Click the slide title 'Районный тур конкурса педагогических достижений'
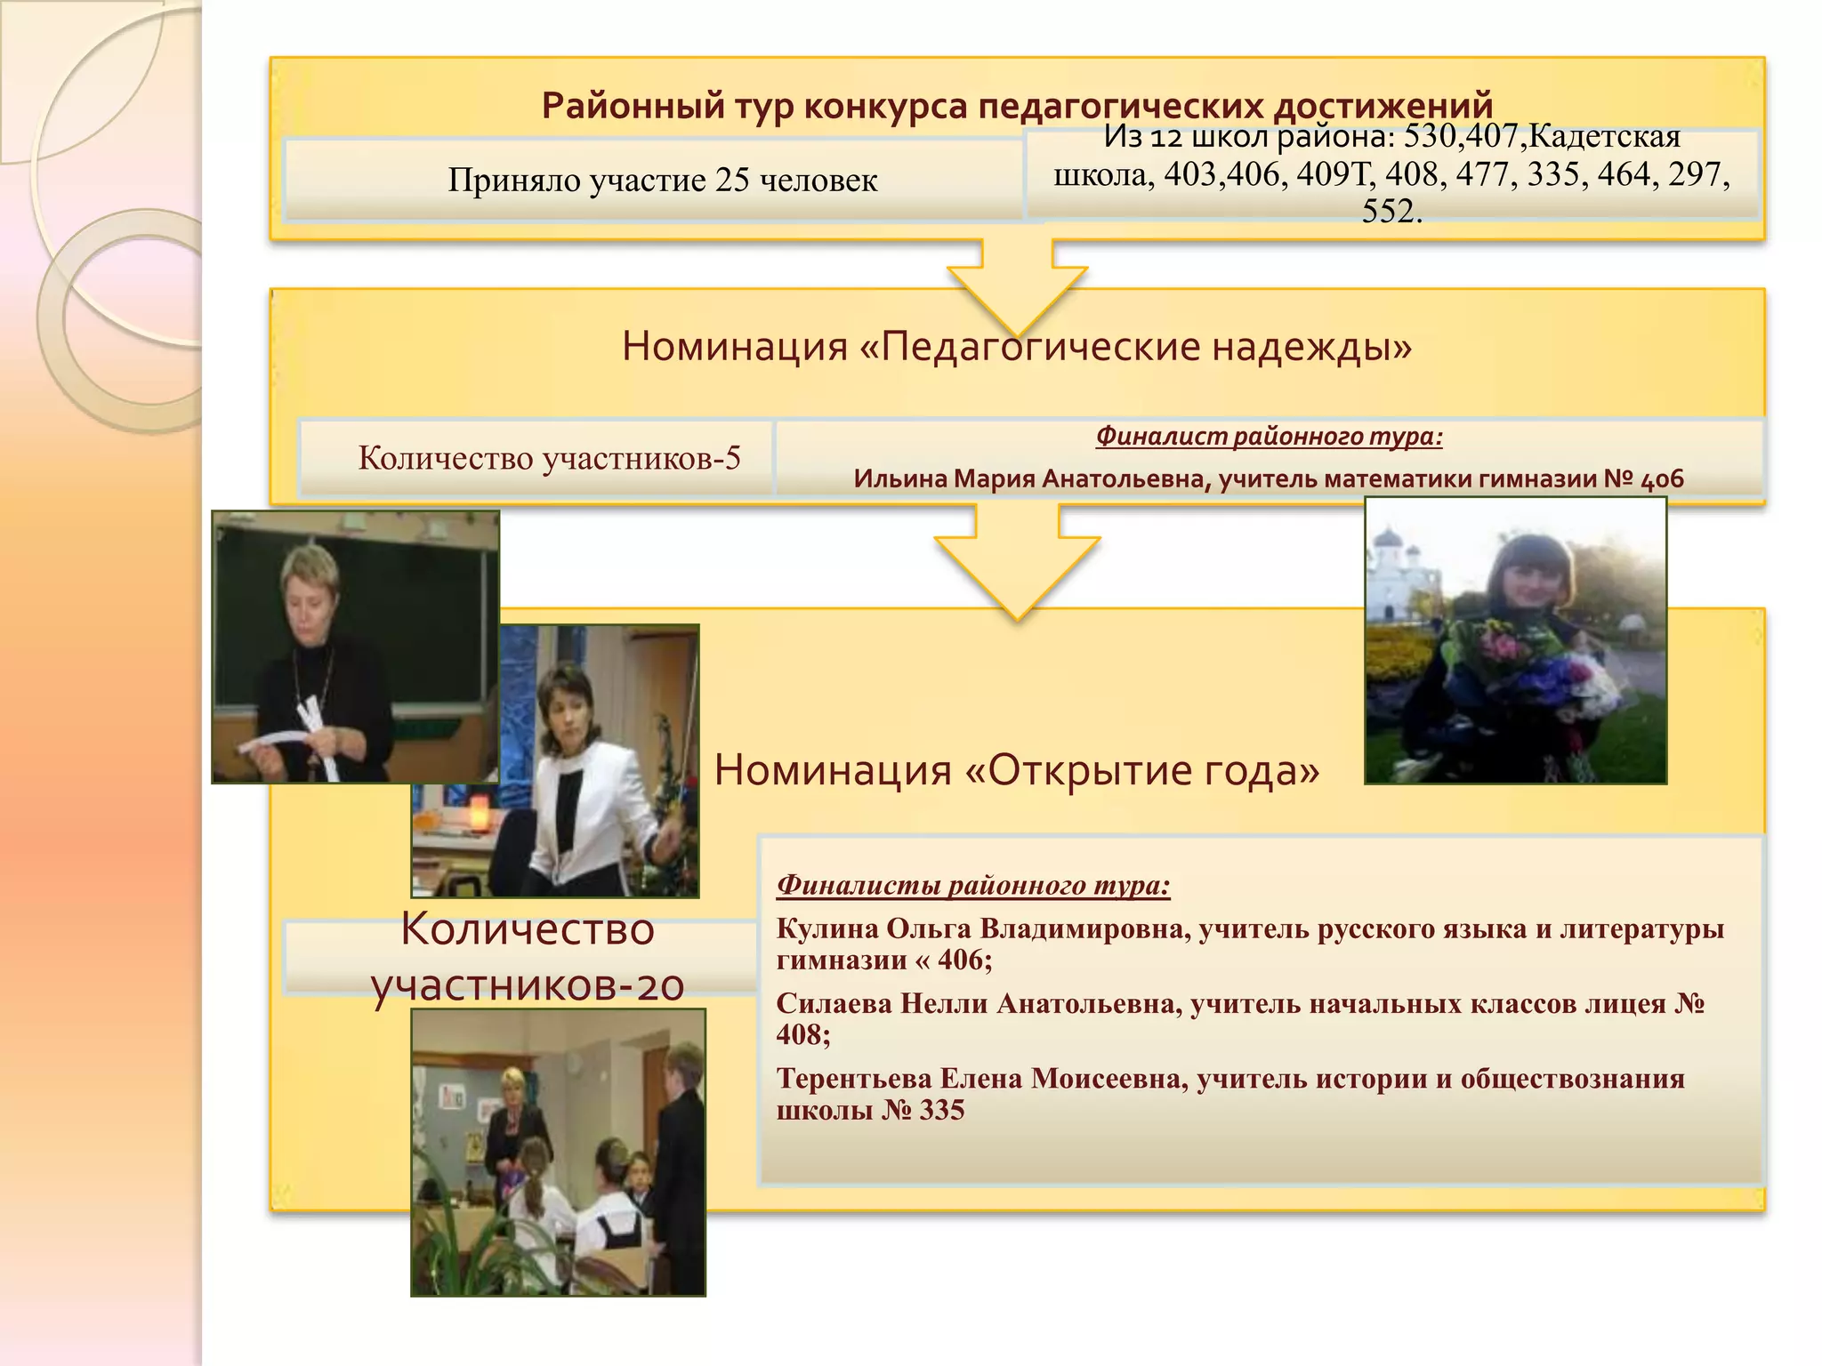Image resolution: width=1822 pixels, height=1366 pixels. tap(1017, 106)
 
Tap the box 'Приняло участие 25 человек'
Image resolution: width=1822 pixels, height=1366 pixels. tap(662, 180)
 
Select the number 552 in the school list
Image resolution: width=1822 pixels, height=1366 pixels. tap(1391, 212)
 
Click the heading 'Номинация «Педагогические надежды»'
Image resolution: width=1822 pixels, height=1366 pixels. tap(1017, 346)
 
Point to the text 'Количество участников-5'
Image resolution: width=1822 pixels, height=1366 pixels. tap(549, 458)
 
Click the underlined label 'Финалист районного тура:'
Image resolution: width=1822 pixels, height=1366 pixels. tap(1269, 436)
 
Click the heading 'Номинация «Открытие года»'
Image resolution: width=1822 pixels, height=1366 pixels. tap(1017, 769)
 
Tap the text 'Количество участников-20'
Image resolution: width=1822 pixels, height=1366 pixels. tap(528, 957)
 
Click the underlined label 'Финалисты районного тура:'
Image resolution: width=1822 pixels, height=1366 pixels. tap(973, 885)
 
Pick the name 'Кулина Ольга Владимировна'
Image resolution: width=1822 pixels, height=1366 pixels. tap(982, 928)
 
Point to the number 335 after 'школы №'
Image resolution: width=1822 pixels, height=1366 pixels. tap(942, 1110)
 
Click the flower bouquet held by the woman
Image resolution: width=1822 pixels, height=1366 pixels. tap(1530, 676)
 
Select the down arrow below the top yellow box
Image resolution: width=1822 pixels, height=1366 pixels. tap(1017, 285)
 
